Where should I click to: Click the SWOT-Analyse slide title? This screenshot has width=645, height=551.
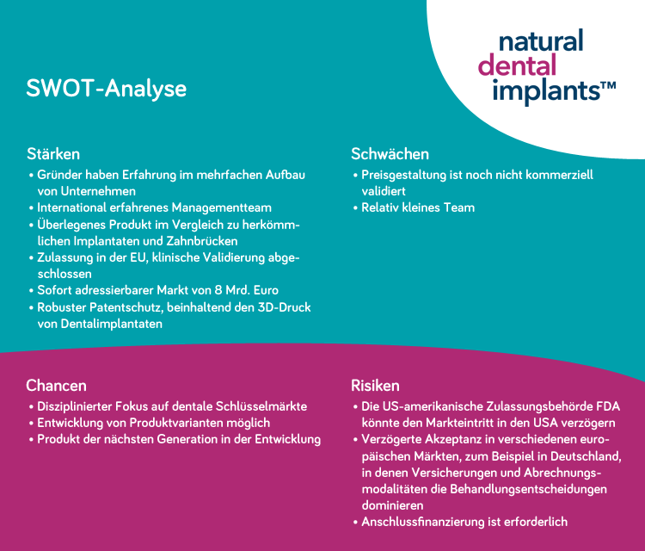point(106,89)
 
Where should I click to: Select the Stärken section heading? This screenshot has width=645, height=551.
point(52,154)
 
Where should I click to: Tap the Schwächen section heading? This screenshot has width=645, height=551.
point(390,154)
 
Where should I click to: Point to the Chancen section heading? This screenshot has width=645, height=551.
point(56,385)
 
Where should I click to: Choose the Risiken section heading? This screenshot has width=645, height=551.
point(375,385)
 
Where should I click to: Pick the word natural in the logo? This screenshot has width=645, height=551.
point(541,40)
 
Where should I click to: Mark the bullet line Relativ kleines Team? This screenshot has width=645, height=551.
point(417,207)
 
